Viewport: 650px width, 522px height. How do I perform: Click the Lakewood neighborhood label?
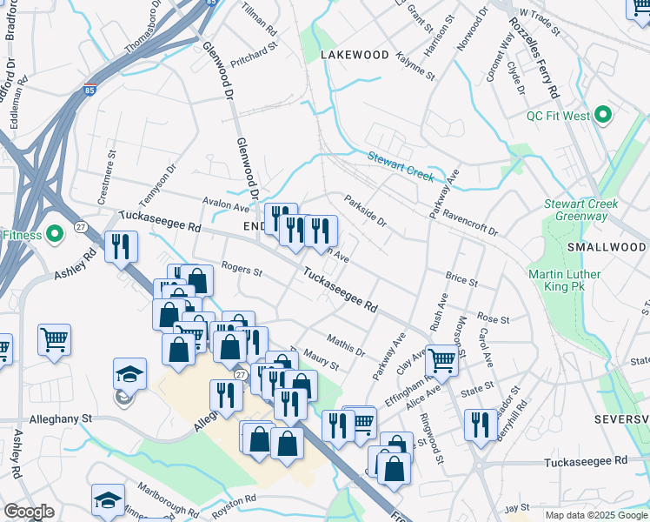pyautogui.click(x=355, y=54)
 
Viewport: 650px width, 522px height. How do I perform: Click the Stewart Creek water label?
pyautogui.click(x=400, y=165)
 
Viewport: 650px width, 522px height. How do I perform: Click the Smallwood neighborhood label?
pyautogui.click(x=606, y=247)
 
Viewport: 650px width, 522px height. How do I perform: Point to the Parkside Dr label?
pyautogui.click(x=365, y=208)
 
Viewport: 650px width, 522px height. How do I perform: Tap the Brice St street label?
pyautogui.click(x=461, y=281)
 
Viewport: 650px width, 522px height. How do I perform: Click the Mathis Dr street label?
pyautogui.click(x=346, y=344)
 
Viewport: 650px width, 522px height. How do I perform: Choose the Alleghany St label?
pyautogui.click(x=61, y=418)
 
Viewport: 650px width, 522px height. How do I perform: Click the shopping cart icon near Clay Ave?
pyautogui.click(x=442, y=358)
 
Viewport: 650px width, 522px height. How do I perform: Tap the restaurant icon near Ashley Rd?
pyautogui.click(x=121, y=246)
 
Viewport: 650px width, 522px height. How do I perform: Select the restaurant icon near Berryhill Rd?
pyautogui.click(x=481, y=425)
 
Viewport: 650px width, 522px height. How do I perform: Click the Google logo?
pyautogui.click(x=29, y=512)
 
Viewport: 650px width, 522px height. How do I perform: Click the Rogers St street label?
pyautogui.click(x=242, y=270)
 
